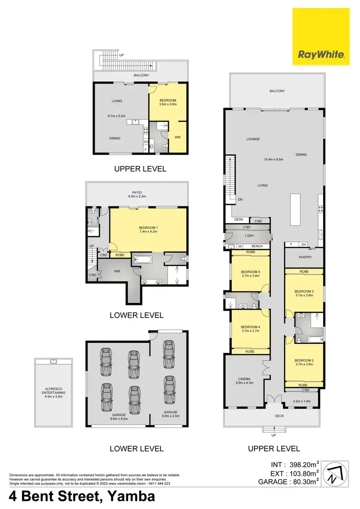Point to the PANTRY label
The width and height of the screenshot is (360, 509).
click(x=305, y=257)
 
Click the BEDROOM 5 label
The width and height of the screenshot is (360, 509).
click(x=249, y=273)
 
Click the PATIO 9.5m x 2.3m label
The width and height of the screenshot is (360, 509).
click(x=137, y=194)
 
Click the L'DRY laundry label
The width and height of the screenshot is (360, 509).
click(x=249, y=236)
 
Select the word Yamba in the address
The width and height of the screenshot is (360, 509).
click(x=130, y=496)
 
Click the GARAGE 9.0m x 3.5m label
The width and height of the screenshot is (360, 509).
click(x=170, y=414)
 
